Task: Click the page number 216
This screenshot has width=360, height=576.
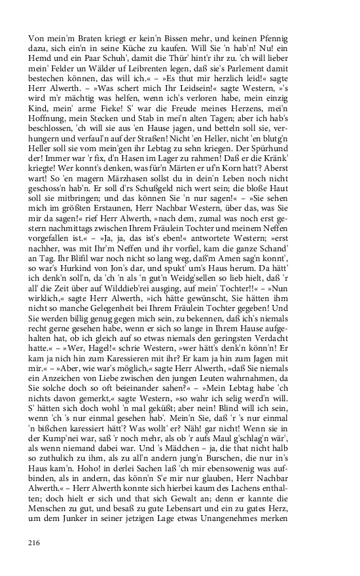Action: coord(34,543)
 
